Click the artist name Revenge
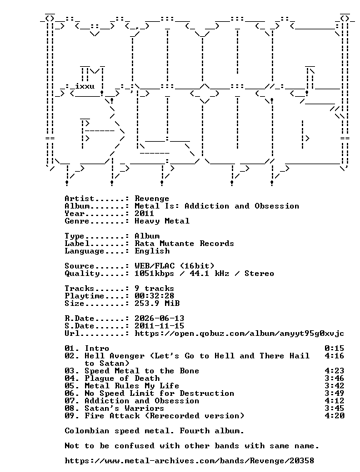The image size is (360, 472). coord(152,199)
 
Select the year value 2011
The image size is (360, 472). coord(144,214)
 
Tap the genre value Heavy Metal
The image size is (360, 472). coord(162,221)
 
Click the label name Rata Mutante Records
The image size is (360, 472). coord(184,243)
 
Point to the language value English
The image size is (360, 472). coord(152,251)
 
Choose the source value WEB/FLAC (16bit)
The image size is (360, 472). coord(174,266)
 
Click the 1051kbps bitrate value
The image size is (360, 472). coord(154,273)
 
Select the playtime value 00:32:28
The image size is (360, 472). coord(154,296)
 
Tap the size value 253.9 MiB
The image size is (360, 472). coord(157,303)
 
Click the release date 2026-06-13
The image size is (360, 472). coord(159,318)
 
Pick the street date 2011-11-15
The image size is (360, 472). coord(159,326)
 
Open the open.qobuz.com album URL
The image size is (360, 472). coord(239,333)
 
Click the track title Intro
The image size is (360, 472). coord(97,348)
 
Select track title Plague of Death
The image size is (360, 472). coord(122,378)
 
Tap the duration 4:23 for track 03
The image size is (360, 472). coord(334,371)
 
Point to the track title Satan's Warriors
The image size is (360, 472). coord(124,408)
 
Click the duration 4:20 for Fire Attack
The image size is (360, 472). coord(334,416)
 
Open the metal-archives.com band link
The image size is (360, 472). coord(189,461)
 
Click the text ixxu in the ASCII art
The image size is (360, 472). coord(84,86)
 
